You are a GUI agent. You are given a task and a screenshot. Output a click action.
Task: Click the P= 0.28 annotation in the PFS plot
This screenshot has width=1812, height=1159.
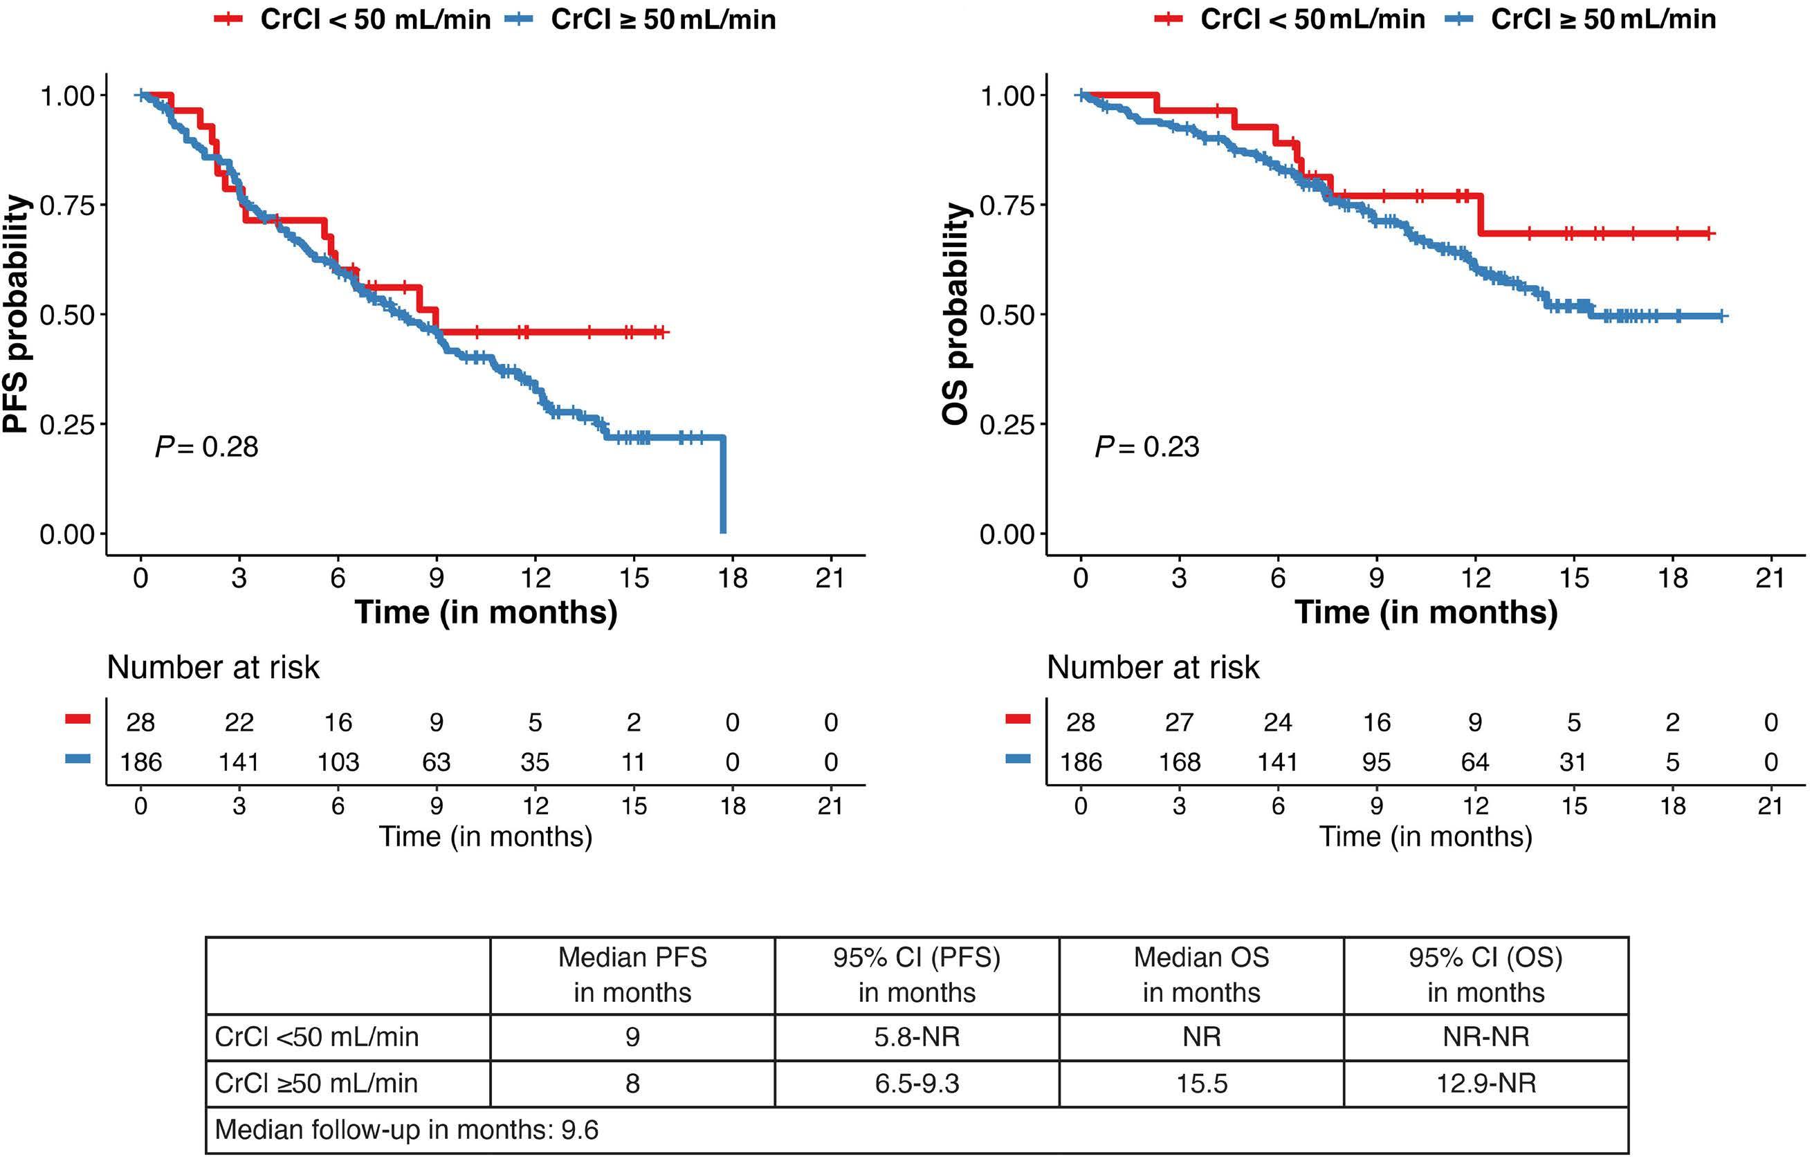206,447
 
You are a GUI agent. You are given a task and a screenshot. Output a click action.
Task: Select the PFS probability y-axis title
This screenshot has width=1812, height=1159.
17,314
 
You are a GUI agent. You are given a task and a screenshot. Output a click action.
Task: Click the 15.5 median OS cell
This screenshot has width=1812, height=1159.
1201,1084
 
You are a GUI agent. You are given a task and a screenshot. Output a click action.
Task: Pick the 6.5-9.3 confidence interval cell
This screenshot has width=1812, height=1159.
917,1084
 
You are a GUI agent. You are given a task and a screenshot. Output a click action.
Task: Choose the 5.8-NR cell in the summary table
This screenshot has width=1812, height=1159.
917,1037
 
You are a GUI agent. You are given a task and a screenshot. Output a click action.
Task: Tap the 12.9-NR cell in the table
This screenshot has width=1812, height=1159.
1485,1084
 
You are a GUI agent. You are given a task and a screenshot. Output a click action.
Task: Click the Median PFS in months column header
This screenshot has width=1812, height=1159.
632,975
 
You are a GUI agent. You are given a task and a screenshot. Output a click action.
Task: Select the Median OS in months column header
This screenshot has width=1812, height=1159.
1201,975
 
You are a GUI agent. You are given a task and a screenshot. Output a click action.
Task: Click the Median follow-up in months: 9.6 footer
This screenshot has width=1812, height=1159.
406,1130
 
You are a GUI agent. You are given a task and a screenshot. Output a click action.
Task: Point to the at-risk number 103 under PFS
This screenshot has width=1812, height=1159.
338,763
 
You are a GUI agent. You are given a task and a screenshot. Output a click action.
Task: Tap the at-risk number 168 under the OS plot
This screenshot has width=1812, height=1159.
1179,763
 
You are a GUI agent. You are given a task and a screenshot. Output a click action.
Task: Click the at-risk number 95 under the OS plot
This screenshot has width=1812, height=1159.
1376,763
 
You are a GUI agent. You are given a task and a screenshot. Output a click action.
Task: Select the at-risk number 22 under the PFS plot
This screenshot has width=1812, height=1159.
239,722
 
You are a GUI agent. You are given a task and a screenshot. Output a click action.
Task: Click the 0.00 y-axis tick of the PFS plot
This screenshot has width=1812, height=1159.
68,534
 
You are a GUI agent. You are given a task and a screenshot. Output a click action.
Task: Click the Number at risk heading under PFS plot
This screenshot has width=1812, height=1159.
213,668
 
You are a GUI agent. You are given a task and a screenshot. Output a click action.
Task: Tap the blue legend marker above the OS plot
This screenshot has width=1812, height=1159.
1459,19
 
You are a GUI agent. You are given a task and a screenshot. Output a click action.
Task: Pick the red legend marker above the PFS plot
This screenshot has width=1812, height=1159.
228,19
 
